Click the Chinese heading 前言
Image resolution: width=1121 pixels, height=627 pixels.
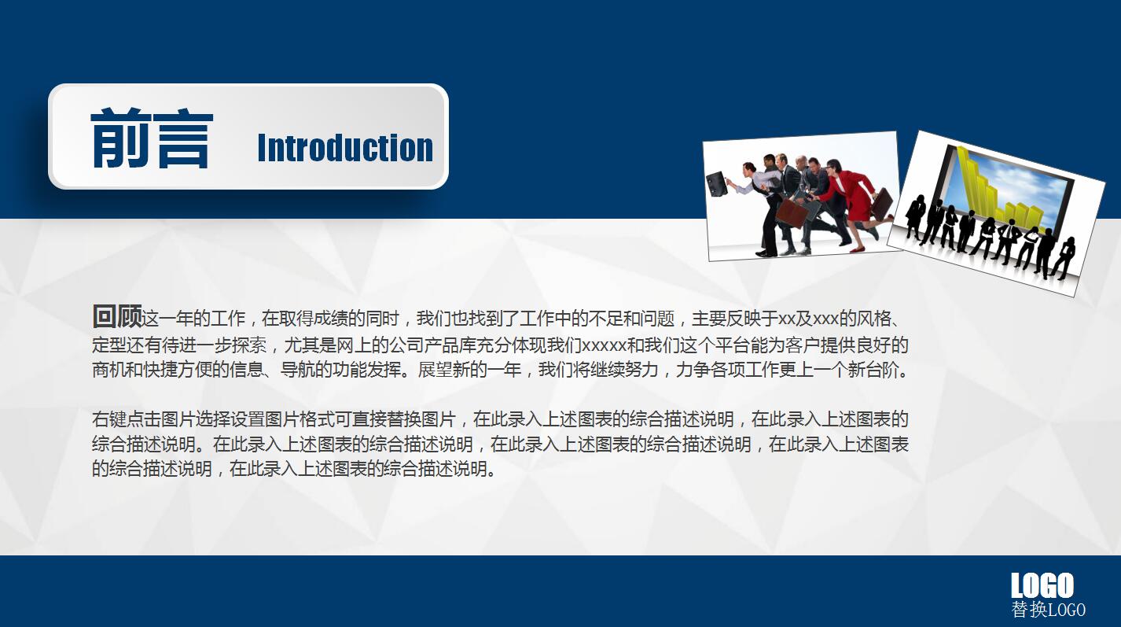tap(152, 138)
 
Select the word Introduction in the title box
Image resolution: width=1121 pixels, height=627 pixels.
tap(345, 148)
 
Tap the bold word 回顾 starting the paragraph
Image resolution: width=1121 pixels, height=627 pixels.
tap(117, 316)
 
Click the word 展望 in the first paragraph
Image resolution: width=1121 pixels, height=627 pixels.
tap(435, 370)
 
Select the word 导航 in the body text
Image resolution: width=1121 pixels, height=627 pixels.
tap(297, 370)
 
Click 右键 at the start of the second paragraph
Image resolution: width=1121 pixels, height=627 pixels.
tap(109, 419)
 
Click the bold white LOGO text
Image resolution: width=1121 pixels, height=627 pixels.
tap(1042, 585)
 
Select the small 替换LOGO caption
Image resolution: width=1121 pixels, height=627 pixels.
tap(1048, 610)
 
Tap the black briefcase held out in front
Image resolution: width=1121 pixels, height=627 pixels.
tap(717, 184)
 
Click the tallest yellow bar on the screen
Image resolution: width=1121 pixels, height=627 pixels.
tap(966, 176)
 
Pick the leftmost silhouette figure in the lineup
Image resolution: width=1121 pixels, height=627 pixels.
tap(914, 216)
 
